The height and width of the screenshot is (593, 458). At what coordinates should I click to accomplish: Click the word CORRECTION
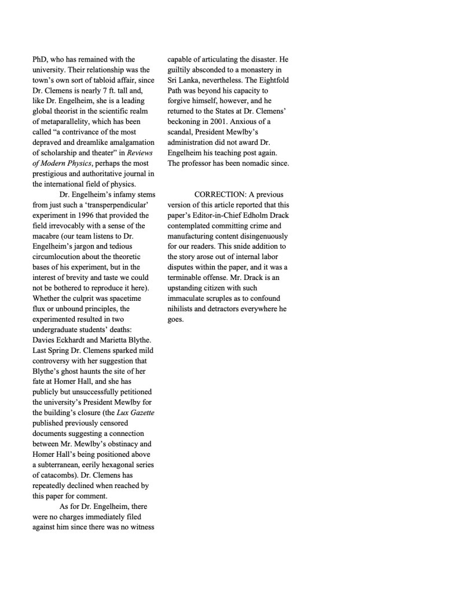[218, 194]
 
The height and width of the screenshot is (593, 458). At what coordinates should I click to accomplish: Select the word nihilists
[182, 309]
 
